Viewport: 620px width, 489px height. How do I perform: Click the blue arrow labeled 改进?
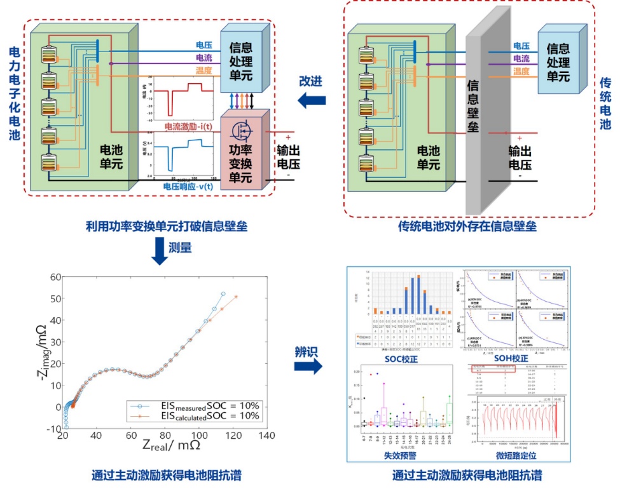(x=312, y=100)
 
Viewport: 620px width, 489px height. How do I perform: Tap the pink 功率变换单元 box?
(x=244, y=150)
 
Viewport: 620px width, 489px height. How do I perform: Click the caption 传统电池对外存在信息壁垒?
(x=467, y=226)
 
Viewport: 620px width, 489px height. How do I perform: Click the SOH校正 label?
(x=512, y=359)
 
